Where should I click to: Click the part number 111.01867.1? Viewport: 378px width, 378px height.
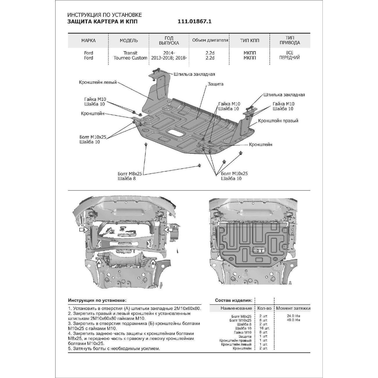(x=194, y=22)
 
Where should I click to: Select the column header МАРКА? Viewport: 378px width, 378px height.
(x=88, y=40)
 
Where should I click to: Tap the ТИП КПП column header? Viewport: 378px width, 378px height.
(x=249, y=40)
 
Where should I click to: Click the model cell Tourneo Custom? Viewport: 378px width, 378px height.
(x=130, y=58)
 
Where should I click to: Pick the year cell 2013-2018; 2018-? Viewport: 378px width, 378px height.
(x=169, y=58)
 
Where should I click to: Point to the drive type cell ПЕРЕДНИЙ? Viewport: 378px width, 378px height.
(x=289, y=58)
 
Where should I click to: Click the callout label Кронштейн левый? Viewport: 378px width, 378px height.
(x=98, y=82)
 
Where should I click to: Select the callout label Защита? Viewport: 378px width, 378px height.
(x=215, y=84)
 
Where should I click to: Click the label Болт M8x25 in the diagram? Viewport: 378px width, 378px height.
(x=130, y=174)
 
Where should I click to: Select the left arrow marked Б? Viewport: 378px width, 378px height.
(x=99, y=263)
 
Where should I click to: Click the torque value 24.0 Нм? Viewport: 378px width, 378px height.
(x=293, y=316)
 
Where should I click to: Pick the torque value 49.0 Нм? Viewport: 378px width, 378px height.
(x=293, y=320)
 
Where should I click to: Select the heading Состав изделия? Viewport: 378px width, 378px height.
(x=233, y=300)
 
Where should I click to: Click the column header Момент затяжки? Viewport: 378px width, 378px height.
(x=293, y=308)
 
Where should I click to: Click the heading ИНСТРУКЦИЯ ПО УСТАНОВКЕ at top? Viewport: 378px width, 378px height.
(x=105, y=15)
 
